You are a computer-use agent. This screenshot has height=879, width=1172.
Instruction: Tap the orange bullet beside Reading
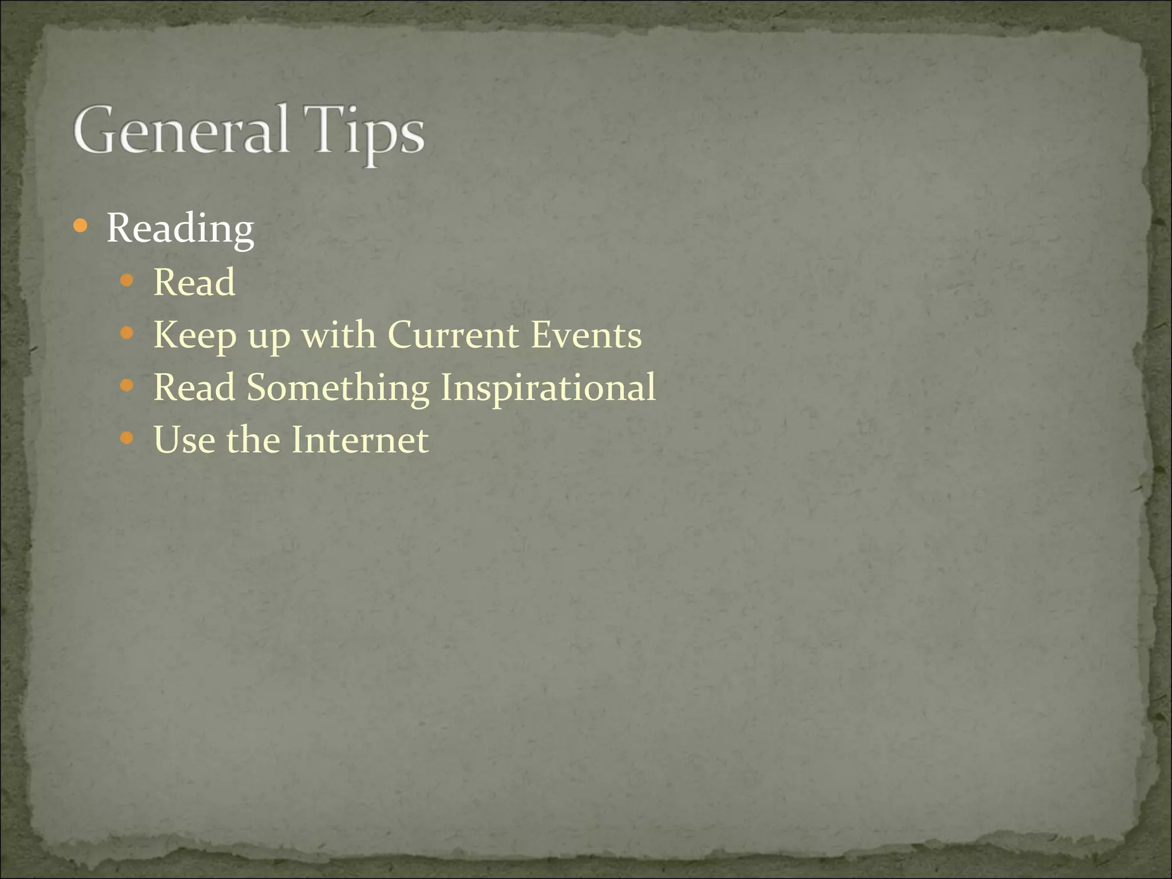coord(81,227)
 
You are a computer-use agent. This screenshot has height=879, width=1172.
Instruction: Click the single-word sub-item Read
coord(194,282)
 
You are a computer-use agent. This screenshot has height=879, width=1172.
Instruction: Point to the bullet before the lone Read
coord(127,280)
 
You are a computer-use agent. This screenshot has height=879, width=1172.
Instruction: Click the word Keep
coord(195,335)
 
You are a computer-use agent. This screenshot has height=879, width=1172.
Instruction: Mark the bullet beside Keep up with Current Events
coord(127,333)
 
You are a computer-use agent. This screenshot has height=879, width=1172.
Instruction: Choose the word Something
coord(338,388)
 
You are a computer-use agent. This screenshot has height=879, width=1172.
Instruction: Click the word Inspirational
coord(548,388)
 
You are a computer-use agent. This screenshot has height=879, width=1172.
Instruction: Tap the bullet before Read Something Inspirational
coord(127,386)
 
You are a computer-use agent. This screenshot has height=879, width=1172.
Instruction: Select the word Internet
coord(359,440)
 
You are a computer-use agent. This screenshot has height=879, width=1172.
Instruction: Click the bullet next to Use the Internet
coord(127,439)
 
